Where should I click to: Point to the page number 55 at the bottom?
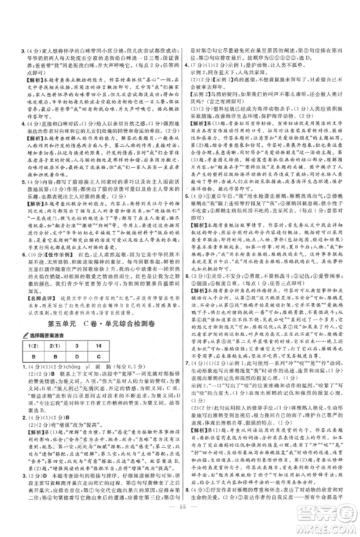tap(180, 527)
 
